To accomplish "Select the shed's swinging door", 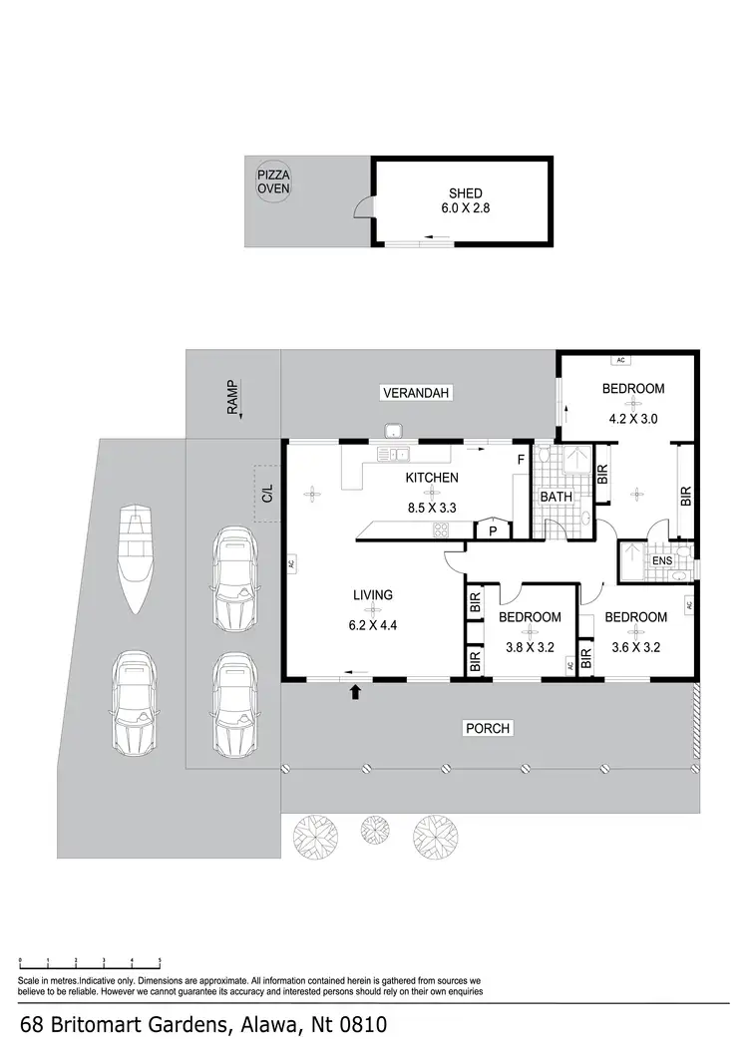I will pyautogui.click(x=364, y=207).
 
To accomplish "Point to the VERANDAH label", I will pyautogui.click(x=417, y=394).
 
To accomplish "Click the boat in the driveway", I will pyautogui.click(x=133, y=558).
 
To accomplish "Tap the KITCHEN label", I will pyautogui.click(x=431, y=478).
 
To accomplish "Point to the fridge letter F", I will pyautogui.click(x=520, y=460).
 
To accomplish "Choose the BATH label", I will pyautogui.click(x=556, y=496).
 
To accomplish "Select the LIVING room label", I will pyautogui.click(x=372, y=595).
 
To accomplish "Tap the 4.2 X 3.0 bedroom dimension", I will pyautogui.click(x=633, y=419).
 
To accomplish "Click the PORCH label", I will pyautogui.click(x=488, y=729).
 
